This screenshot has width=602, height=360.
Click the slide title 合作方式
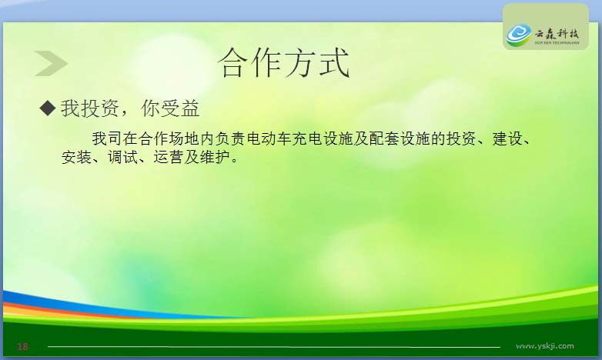[x=284, y=63]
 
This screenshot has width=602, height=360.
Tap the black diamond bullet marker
[x=48, y=108]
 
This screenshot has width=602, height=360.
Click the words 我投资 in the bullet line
[x=89, y=108]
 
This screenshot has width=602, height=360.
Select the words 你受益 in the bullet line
[x=170, y=108]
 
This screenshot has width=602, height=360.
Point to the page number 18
[x=22, y=347]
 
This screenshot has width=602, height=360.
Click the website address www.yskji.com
[x=545, y=346]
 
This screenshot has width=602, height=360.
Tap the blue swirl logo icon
[x=519, y=35]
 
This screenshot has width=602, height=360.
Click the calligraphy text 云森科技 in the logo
[x=557, y=33]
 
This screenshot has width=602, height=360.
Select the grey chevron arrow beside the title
[x=51, y=63]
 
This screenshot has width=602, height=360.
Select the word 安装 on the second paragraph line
[x=76, y=158]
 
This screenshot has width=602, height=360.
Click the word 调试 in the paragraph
[x=122, y=158]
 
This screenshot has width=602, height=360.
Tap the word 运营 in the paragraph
[x=169, y=158]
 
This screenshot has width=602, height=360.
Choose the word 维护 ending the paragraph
[x=215, y=158]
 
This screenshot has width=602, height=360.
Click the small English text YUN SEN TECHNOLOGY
[x=557, y=42]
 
